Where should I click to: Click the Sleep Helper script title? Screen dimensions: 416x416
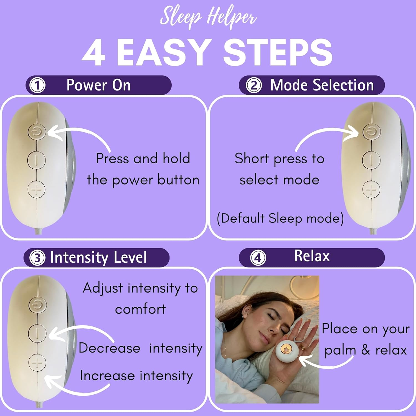point(208,17)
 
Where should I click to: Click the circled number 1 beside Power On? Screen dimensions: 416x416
point(37,85)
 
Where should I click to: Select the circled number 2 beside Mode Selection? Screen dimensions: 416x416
point(254,85)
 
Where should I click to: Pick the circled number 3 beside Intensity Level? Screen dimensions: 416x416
point(37,258)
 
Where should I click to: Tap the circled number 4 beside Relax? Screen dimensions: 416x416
point(258,258)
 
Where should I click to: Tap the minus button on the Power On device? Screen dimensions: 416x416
point(36,160)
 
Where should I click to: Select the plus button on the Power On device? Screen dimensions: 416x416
point(36,190)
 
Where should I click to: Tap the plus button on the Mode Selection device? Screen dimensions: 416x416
point(371,190)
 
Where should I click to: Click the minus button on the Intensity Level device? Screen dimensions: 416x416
point(37,333)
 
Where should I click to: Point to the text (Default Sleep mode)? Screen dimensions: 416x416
point(280,218)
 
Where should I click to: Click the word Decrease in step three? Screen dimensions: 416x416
point(109,348)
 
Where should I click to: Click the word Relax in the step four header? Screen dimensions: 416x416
point(312,256)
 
